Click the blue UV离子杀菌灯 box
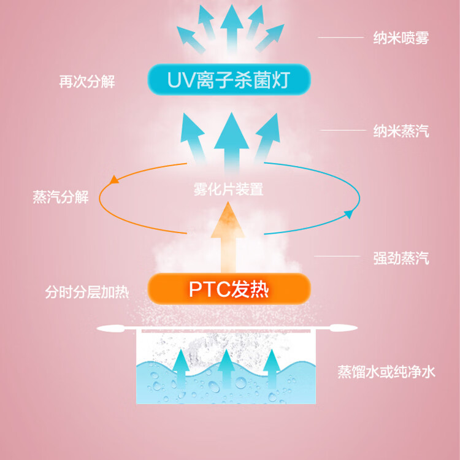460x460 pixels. [229, 80]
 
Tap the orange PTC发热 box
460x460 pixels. [229, 289]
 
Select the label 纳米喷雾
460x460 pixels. [401, 38]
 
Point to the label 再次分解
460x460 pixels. [86, 82]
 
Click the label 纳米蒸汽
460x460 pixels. [401, 131]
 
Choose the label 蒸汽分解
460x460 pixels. [61, 197]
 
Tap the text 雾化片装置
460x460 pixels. [228, 190]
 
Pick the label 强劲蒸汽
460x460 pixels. [401, 258]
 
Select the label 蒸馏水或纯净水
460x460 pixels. [386, 372]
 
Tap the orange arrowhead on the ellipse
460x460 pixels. [113, 180]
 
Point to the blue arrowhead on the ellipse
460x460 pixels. [349, 215]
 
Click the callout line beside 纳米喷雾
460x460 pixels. [340, 38]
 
